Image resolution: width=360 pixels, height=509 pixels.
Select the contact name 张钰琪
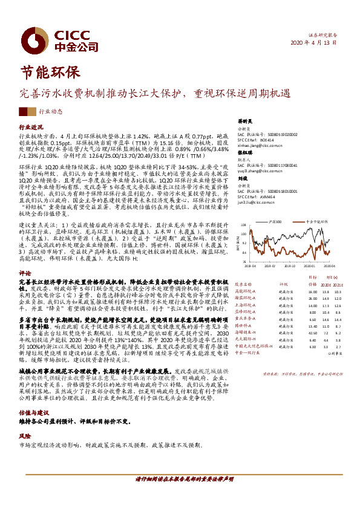243,153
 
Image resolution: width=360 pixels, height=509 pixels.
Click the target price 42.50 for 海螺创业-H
313,332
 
